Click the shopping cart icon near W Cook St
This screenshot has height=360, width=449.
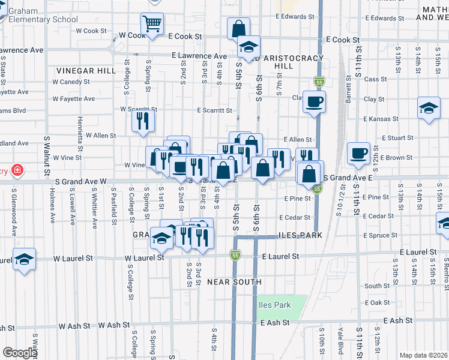[x=152, y=25]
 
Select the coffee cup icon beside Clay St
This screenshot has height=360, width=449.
[x=313, y=101]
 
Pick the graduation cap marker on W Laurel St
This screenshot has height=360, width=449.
[x=24, y=259]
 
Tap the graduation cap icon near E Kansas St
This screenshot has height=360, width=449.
[x=428, y=108]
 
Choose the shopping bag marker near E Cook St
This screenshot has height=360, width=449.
[x=238, y=28]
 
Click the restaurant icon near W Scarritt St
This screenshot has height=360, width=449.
[x=143, y=121]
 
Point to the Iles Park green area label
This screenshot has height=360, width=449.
[x=275, y=305]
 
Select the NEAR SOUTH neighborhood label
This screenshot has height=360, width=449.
[x=234, y=281]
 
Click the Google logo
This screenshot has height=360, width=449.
[x=20, y=353]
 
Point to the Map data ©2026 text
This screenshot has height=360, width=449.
[x=423, y=355]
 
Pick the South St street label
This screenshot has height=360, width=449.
[x=377, y=286]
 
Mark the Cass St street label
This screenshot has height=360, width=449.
[x=375, y=79]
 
